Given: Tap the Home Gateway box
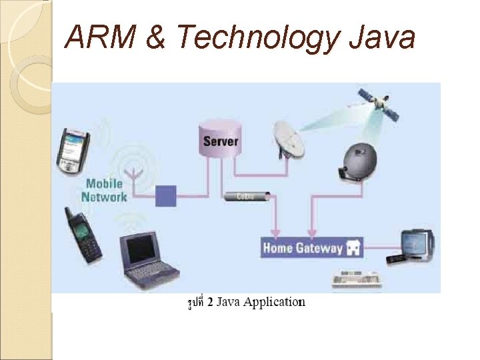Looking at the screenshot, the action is click(313, 248).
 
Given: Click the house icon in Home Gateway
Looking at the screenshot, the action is click(353, 249).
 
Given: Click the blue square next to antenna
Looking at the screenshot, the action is click(165, 196).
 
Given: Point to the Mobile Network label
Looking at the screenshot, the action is click(104, 190).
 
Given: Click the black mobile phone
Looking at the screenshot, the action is click(83, 235).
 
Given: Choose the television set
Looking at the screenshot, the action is click(417, 245).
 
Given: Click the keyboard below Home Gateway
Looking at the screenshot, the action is click(356, 279).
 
